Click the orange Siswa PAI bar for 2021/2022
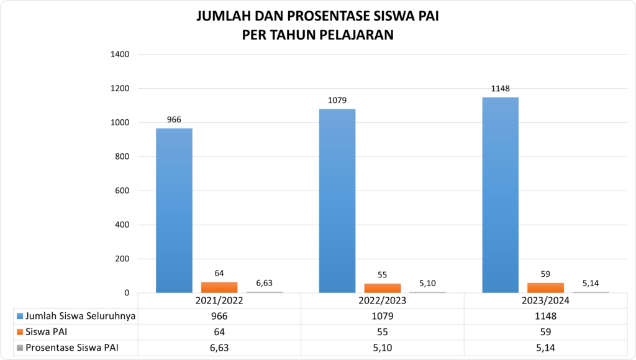pyautogui.click(x=219, y=287)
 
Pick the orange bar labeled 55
pyautogui.click(x=383, y=287)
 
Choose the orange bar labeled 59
pyautogui.click(x=545, y=287)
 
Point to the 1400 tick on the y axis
pyautogui.click(x=120, y=55)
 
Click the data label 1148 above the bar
pyautogui.click(x=500, y=89)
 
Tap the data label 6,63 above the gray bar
pyautogui.click(x=264, y=283)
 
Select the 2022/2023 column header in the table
pyautogui.click(x=383, y=300)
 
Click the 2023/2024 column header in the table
pyautogui.click(x=545, y=300)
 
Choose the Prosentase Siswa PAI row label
pyautogui.click(x=72, y=348)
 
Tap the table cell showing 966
pyautogui.click(x=219, y=316)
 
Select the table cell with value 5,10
pyautogui.click(x=383, y=348)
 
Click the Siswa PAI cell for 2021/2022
pyautogui.click(x=219, y=332)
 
